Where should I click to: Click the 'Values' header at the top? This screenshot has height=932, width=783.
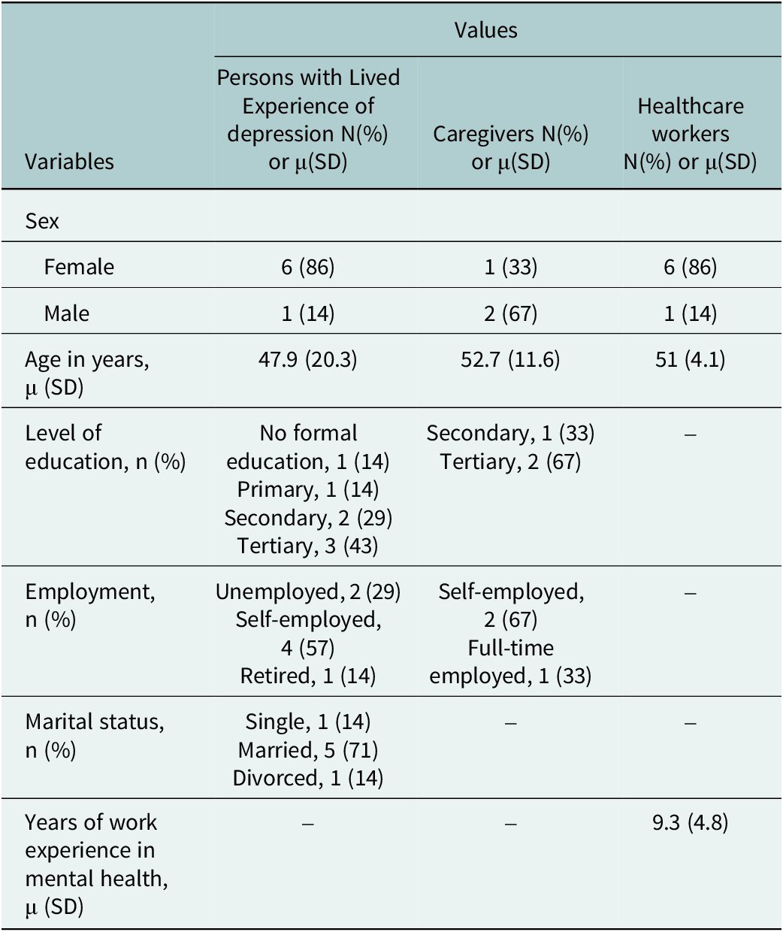(485, 30)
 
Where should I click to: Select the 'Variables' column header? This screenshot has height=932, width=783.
(69, 162)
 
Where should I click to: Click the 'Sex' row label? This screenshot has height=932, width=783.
(42, 221)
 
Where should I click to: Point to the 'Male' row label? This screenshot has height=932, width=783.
(67, 313)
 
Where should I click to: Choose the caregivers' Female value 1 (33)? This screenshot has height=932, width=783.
(510, 267)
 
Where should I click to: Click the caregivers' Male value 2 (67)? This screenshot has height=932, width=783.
(510, 313)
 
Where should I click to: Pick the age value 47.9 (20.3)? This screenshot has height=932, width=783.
(308, 359)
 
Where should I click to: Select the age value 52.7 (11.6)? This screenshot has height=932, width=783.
(510, 359)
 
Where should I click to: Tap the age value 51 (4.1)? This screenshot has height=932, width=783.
(690, 359)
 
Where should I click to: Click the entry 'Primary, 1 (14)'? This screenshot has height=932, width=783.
(308, 489)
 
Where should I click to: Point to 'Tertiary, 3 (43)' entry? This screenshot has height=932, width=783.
(308, 546)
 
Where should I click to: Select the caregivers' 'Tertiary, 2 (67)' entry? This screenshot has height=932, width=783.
(510, 461)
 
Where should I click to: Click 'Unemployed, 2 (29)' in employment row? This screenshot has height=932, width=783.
(308, 592)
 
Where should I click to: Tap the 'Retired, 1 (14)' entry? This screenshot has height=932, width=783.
(308, 676)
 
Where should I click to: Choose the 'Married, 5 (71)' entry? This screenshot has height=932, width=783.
(308, 749)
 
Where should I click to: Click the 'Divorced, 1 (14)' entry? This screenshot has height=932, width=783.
(308, 778)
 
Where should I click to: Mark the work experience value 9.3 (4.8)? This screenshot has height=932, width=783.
(690, 822)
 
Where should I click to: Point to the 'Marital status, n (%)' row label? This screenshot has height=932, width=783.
(94, 735)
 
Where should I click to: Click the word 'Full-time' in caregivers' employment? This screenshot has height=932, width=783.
(510, 648)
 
